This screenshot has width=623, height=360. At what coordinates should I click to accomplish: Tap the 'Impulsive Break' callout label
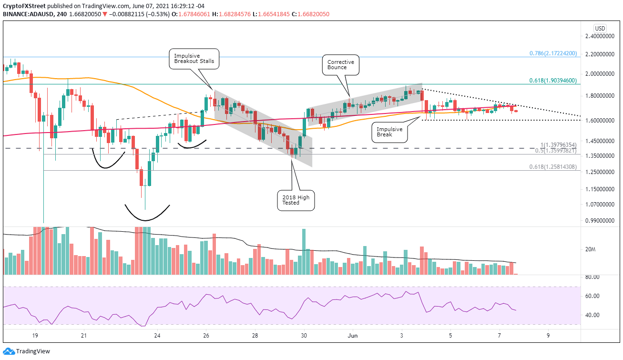(388, 131)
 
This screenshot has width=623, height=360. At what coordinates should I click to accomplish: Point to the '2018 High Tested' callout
(296, 200)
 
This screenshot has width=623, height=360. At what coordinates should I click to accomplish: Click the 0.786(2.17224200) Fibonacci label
(553, 54)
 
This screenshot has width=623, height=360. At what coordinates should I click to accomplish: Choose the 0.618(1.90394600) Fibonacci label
(553, 81)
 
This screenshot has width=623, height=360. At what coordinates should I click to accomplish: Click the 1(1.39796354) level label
(559, 144)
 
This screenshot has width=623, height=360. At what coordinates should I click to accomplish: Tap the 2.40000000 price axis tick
(599, 36)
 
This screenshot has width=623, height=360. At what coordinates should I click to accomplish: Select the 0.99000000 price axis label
(599, 221)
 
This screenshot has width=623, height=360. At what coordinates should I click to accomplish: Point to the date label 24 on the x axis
(157, 336)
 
